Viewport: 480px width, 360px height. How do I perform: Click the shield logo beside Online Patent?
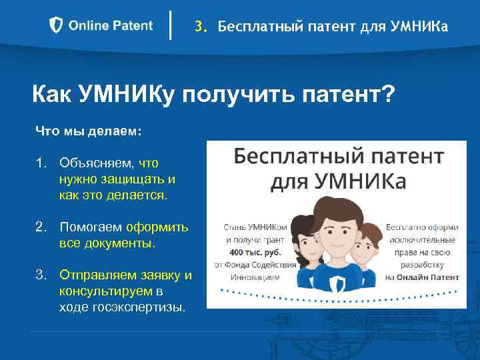tap(57, 26)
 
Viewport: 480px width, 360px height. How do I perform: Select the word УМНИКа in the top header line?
tap(417, 27)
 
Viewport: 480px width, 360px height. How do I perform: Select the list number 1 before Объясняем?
tap(41, 163)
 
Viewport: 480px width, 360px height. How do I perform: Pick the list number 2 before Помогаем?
tap(41, 227)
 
